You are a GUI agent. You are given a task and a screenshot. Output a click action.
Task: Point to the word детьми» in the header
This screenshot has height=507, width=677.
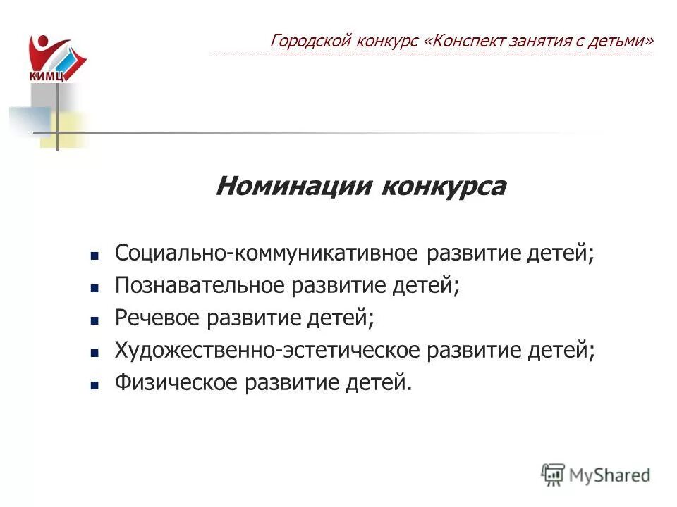627,41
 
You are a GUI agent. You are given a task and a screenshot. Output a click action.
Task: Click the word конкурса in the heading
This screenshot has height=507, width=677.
443,187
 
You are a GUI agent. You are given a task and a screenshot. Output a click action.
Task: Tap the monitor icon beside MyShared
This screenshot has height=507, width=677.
553,474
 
